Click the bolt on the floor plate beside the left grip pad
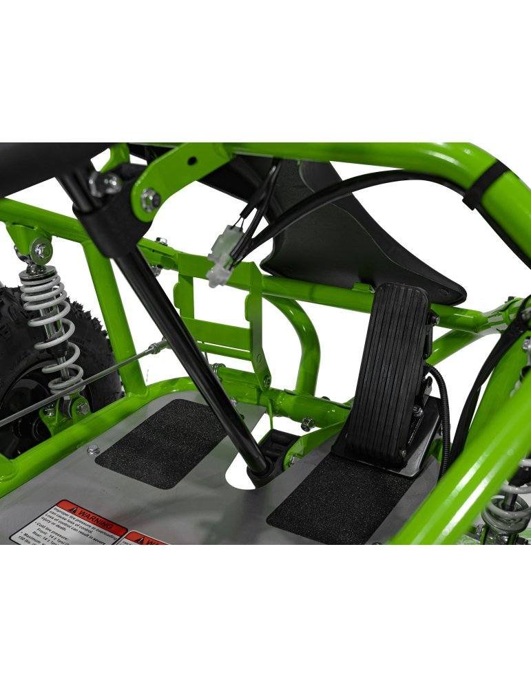tap(93, 451)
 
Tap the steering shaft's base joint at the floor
tap(261, 468)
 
